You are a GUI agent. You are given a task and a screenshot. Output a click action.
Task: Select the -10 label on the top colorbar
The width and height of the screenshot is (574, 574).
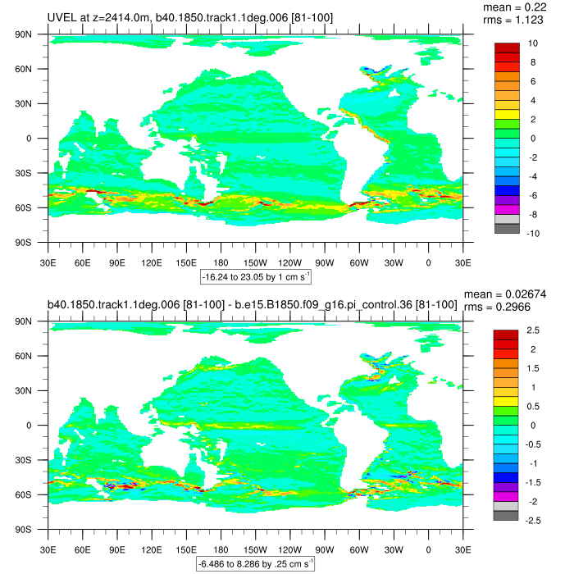coord(533,235)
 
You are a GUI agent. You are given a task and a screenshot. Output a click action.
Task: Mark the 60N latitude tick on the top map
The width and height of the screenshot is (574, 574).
coord(32,69)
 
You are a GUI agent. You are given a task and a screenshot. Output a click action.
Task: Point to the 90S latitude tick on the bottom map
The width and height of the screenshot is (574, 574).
coord(32,530)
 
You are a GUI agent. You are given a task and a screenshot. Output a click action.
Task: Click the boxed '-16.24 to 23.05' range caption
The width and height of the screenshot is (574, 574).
coord(255,276)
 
